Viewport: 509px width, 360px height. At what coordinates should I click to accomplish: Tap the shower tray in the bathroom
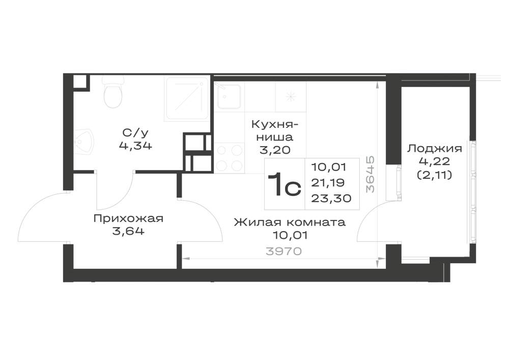click(x=187, y=99)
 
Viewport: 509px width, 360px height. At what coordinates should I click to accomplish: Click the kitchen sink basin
click(x=229, y=97)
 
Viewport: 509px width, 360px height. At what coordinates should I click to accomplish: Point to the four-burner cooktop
click(x=229, y=158)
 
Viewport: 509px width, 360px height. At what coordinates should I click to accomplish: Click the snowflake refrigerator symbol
click(x=291, y=96)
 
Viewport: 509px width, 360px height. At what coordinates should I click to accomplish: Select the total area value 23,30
click(x=331, y=198)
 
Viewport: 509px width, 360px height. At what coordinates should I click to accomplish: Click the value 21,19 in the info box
click(x=328, y=183)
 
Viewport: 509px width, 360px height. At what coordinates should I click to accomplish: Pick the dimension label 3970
click(x=284, y=251)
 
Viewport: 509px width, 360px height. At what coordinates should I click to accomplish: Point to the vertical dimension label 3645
click(x=371, y=175)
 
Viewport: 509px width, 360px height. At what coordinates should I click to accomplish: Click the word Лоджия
click(x=435, y=149)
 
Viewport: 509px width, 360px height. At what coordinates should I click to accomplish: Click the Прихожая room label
click(x=128, y=218)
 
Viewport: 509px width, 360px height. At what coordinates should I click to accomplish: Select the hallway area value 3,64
click(x=128, y=232)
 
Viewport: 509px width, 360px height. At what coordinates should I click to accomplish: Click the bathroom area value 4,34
click(x=135, y=145)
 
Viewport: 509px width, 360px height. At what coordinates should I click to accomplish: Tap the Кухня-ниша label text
click(x=275, y=130)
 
